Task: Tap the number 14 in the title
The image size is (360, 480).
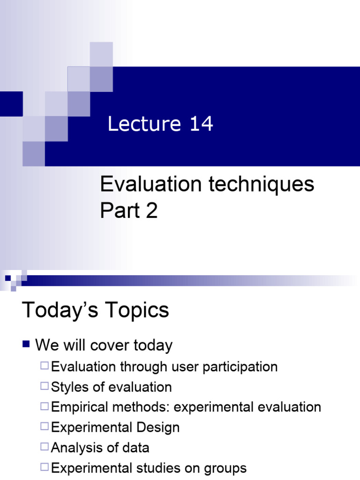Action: pos(202,124)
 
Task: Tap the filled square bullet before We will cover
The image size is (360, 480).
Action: pos(26,345)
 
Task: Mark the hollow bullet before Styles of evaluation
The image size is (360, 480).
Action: pos(45,387)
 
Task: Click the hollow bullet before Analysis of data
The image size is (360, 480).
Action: pos(45,447)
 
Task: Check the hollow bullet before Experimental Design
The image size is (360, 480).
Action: pos(45,427)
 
